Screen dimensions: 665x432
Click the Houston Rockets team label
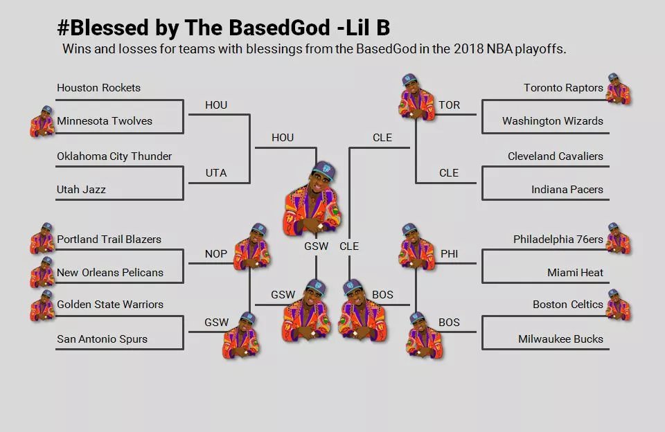tap(98, 88)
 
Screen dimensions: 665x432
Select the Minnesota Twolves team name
tap(105, 121)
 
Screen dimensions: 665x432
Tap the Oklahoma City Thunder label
tap(114, 156)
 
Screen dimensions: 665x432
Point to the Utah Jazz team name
tap(81, 190)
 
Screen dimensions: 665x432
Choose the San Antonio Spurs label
tap(102, 339)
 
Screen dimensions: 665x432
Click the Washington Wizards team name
tap(552, 121)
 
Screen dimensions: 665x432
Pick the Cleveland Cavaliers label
tap(555, 156)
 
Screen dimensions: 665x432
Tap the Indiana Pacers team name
tap(567, 190)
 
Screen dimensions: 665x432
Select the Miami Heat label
tap(575, 273)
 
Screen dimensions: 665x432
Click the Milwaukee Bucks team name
tap(560, 339)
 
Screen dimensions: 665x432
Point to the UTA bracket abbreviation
tap(216, 173)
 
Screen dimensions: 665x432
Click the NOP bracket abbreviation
tap(216, 254)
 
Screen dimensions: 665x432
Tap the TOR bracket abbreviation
tap(449, 105)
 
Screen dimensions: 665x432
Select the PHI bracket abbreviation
tap(449, 254)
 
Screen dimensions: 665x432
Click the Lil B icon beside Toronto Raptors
tap(618, 89)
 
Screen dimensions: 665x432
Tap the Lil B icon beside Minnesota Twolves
tap(42, 121)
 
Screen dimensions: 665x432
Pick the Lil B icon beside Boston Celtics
tap(618, 305)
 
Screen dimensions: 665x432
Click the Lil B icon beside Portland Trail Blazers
tap(42, 239)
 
